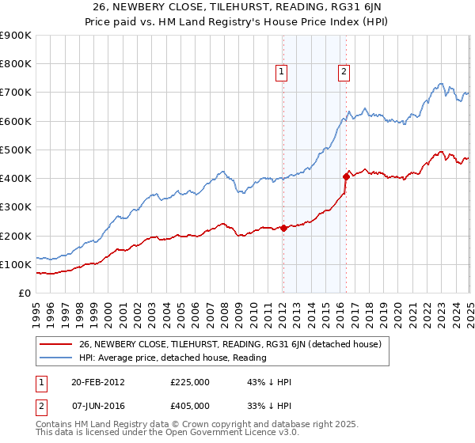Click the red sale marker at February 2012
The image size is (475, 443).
[x=283, y=229]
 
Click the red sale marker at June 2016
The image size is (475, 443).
[x=346, y=176]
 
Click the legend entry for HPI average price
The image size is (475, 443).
[x=173, y=358]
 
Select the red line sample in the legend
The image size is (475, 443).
[x=55, y=344]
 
